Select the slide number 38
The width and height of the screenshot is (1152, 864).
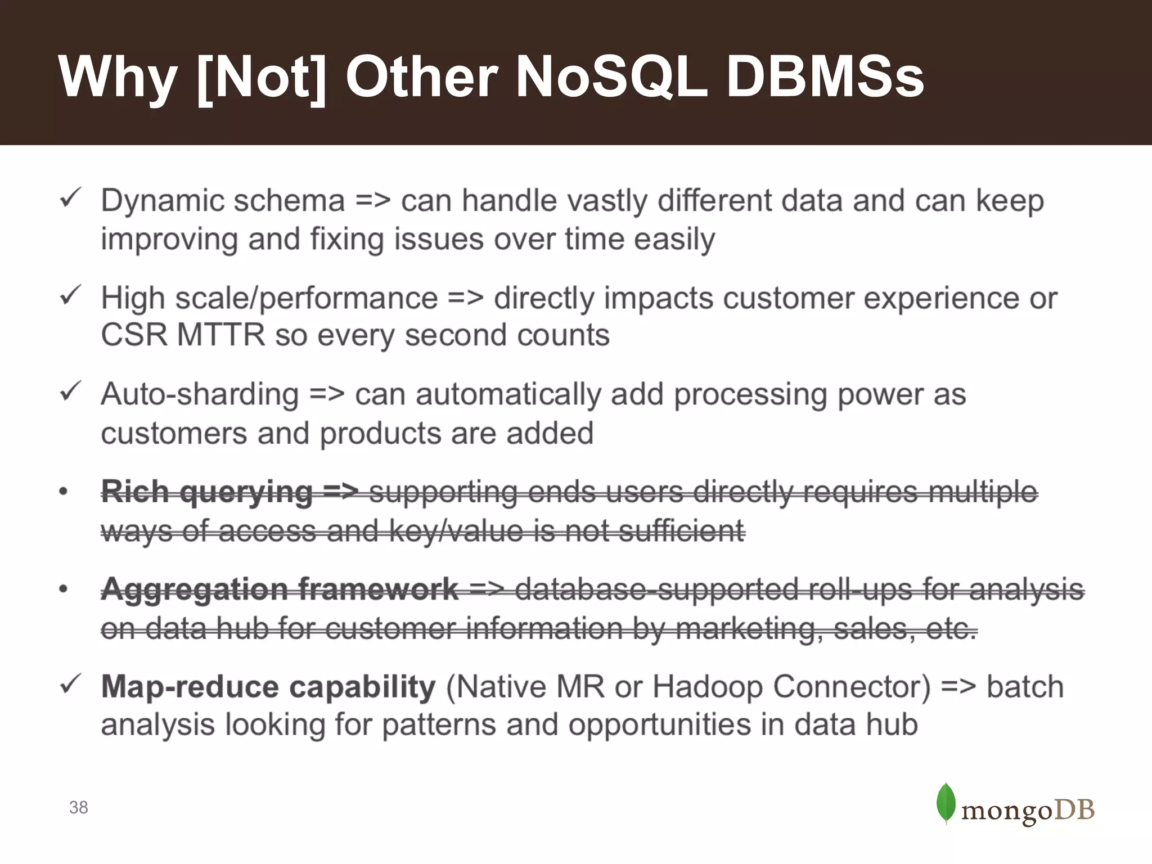(79, 807)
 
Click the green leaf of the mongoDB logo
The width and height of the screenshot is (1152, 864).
(946, 803)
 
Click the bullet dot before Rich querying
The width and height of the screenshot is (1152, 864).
(64, 492)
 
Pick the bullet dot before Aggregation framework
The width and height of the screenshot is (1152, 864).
(64, 589)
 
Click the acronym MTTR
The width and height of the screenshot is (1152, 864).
(221, 335)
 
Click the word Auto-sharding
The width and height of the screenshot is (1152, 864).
(200, 394)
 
